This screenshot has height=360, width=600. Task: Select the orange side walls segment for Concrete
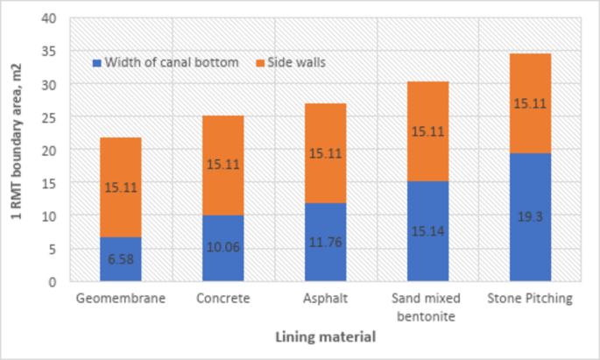tap(223, 165)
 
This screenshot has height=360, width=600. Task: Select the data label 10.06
tap(223, 247)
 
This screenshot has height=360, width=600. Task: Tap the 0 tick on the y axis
tap(54, 282)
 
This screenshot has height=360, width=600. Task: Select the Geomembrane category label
tap(120, 299)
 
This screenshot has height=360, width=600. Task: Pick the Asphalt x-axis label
tap(326, 299)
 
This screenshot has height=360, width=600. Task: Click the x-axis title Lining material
tap(326, 336)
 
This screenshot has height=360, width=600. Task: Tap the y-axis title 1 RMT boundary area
tap(18, 150)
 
